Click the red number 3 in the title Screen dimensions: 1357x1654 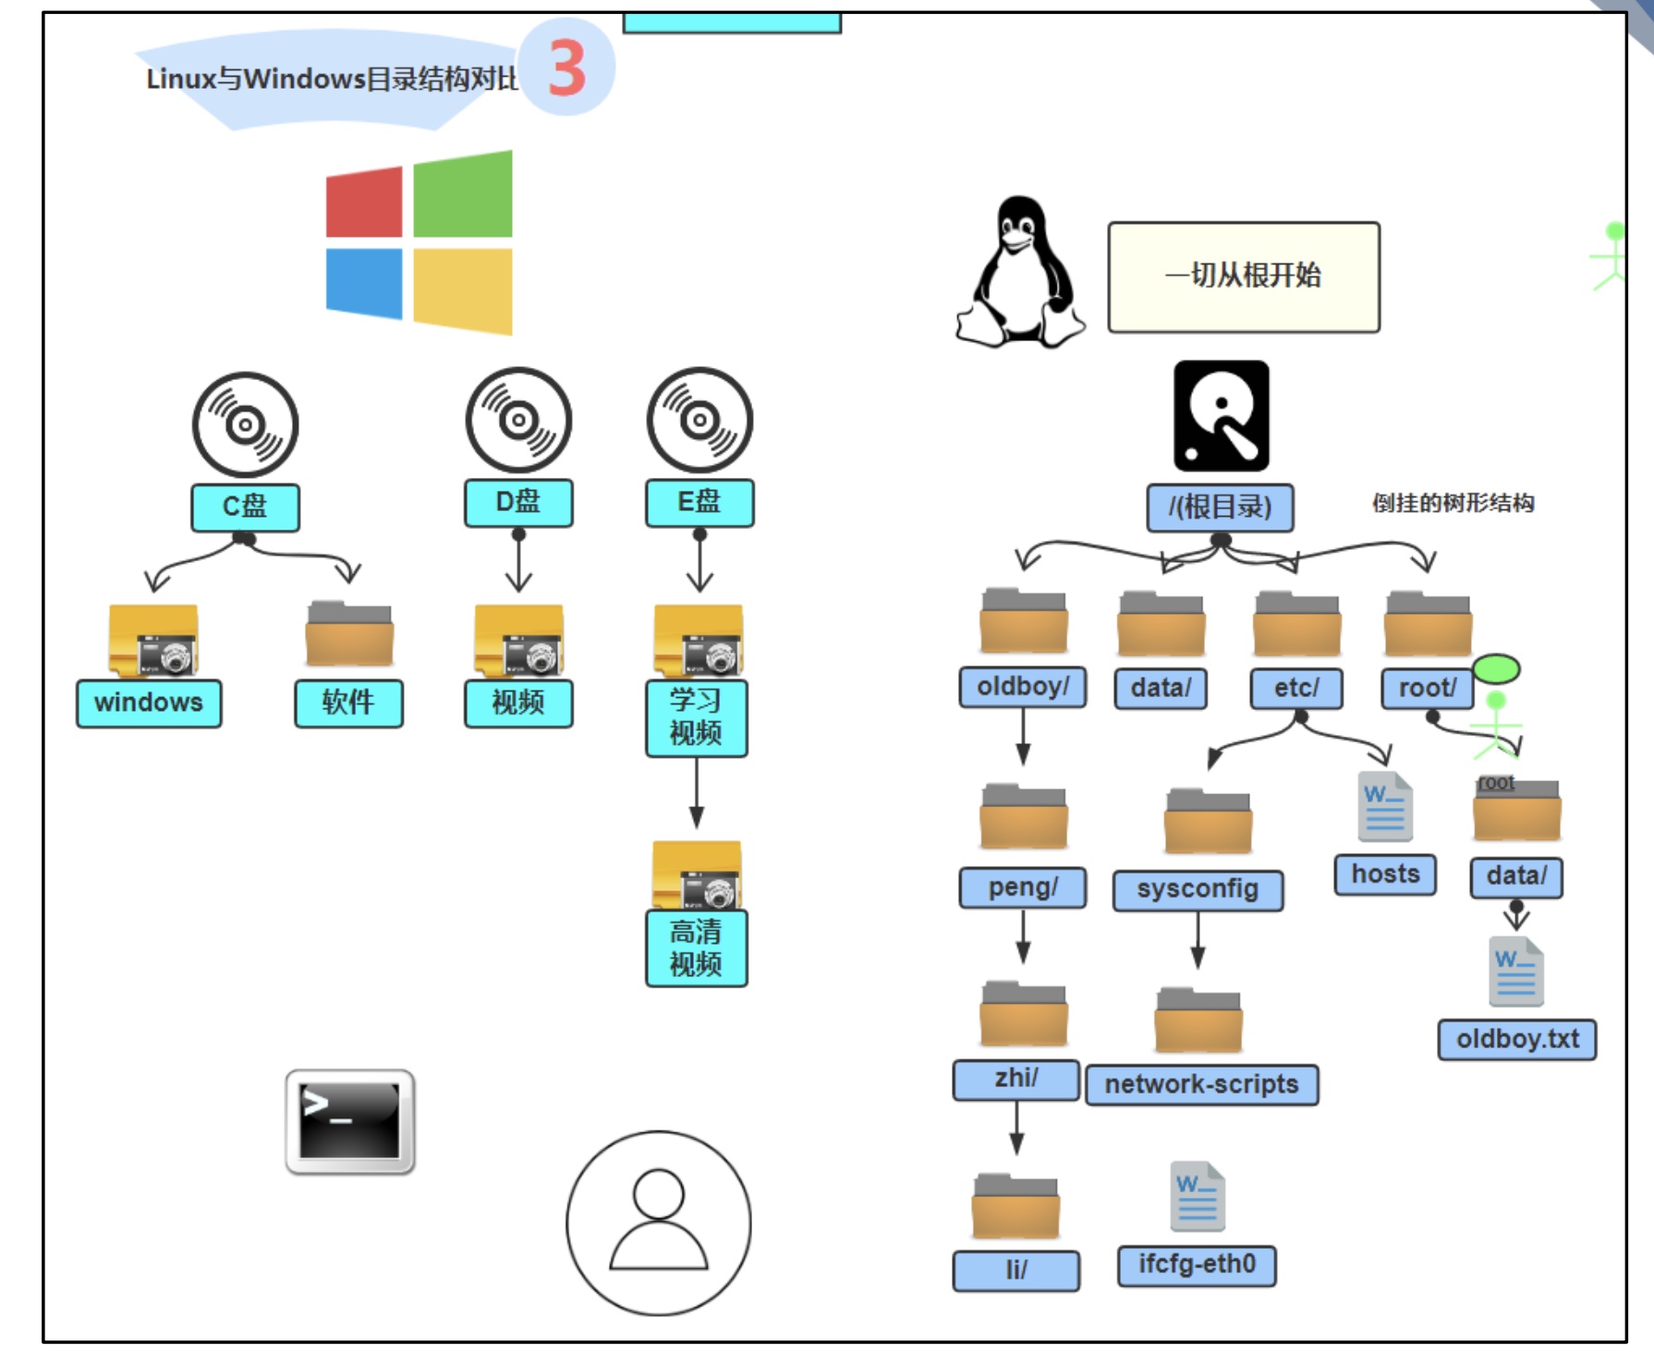point(567,68)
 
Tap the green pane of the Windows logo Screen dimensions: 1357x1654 point(463,194)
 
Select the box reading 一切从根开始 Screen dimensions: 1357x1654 point(1244,276)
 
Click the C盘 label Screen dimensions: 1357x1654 point(245,507)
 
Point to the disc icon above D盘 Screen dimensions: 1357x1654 point(518,421)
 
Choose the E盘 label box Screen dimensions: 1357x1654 point(699,503)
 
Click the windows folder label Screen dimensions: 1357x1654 point(149,703)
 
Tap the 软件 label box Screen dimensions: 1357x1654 point(348,703)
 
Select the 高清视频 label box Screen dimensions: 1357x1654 point(697,948)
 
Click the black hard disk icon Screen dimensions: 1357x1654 point(1222,416)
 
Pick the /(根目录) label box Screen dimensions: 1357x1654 point(1220,507)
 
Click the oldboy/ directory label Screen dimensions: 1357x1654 point(1023,687)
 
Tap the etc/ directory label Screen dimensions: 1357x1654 point(1296,689)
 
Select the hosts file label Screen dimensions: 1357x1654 point(1385,874)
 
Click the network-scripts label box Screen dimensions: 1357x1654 point(1202,1084)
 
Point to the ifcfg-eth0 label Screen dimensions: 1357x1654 point(1197,1265)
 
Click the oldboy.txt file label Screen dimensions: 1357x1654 point(1517,1040)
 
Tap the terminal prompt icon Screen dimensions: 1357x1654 point(350,1121)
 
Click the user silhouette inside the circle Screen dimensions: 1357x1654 point(659,1220)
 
